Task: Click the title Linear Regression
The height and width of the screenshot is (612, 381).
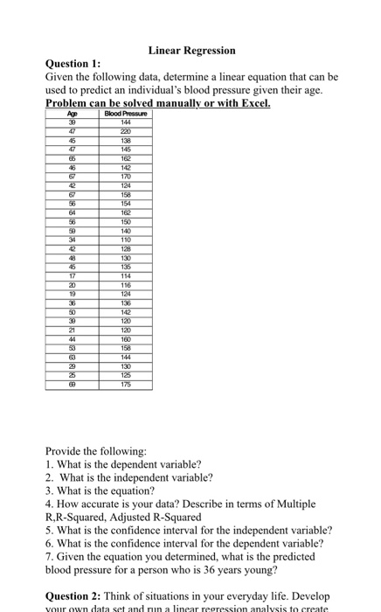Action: click(x=191, y=51)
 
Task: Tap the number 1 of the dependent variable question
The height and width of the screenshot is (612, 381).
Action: click(x=48, y=465)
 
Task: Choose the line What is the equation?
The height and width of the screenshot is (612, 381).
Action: click(x=106, y=491)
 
